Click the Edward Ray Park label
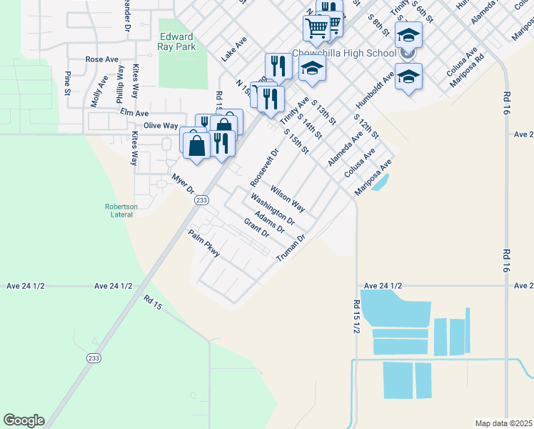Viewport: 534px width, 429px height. pyautogui.click(x=176, y=42)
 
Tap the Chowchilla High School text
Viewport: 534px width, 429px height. pyautogui.click(x=345, y=54)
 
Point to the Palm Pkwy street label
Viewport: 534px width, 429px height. pyautogui.click(x=203, y=243)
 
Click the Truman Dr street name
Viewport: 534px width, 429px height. pyautogui.click(x=291, y=247)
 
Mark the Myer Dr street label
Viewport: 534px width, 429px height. pyautogui.click(x=183, y=183)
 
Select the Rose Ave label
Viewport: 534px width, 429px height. pyautogui.click(x=102, y=59)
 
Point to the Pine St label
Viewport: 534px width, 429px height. pyautogui.click(x=67, y=82)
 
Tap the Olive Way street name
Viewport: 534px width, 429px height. pyautogui.click(x=161, y=125)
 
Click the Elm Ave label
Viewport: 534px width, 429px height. pyautogui.click(x=134, y=113)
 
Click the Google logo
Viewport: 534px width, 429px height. pyautogui.click(x=24, y=420)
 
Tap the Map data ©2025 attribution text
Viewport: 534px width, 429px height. pyautogui.click(x=504, y=423)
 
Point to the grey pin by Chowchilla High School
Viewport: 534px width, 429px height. pyautogui.click(x=408, y=54)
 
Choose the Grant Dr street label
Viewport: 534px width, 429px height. pyautogui.click(x=256, y=228)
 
